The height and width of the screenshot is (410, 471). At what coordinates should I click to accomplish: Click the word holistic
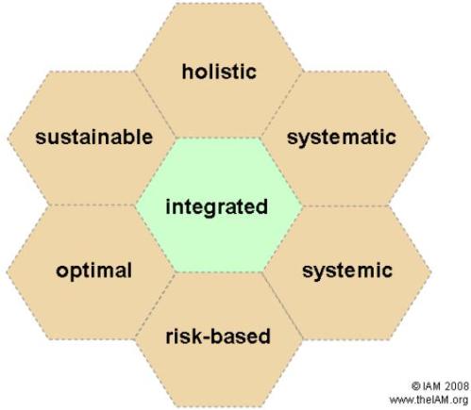click(219, 72)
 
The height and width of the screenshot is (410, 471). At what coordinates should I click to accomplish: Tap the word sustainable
click(94, 137)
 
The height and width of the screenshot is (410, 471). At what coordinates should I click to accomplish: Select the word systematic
click(342, 138)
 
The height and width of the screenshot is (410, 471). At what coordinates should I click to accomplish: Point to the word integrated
click(217, 207)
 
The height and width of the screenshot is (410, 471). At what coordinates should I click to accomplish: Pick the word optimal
click(93, 271)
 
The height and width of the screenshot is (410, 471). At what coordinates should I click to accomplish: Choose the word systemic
click(347, 271)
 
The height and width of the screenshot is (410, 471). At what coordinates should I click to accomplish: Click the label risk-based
click(218, 336)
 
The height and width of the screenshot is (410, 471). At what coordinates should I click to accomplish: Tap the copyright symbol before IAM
click(415, 385)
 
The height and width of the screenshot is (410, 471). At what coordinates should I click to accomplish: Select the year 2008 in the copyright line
click(457, 385)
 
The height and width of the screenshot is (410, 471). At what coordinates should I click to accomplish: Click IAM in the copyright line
click(431, 385)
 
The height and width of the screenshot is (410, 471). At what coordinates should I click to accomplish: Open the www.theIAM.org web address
click(429, 400)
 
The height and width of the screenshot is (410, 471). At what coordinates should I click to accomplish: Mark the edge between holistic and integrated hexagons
click(219, 138)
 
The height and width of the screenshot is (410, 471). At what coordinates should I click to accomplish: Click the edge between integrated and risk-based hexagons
click(219, 272)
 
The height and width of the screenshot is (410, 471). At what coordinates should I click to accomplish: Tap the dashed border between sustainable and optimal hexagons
click(92, 205)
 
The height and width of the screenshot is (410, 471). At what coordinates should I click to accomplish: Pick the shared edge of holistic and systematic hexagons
click(282, 105)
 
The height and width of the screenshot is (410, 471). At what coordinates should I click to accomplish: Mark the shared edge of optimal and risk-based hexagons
click(155, 305)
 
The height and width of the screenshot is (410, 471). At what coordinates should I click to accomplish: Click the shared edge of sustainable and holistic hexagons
click(155, 105)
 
